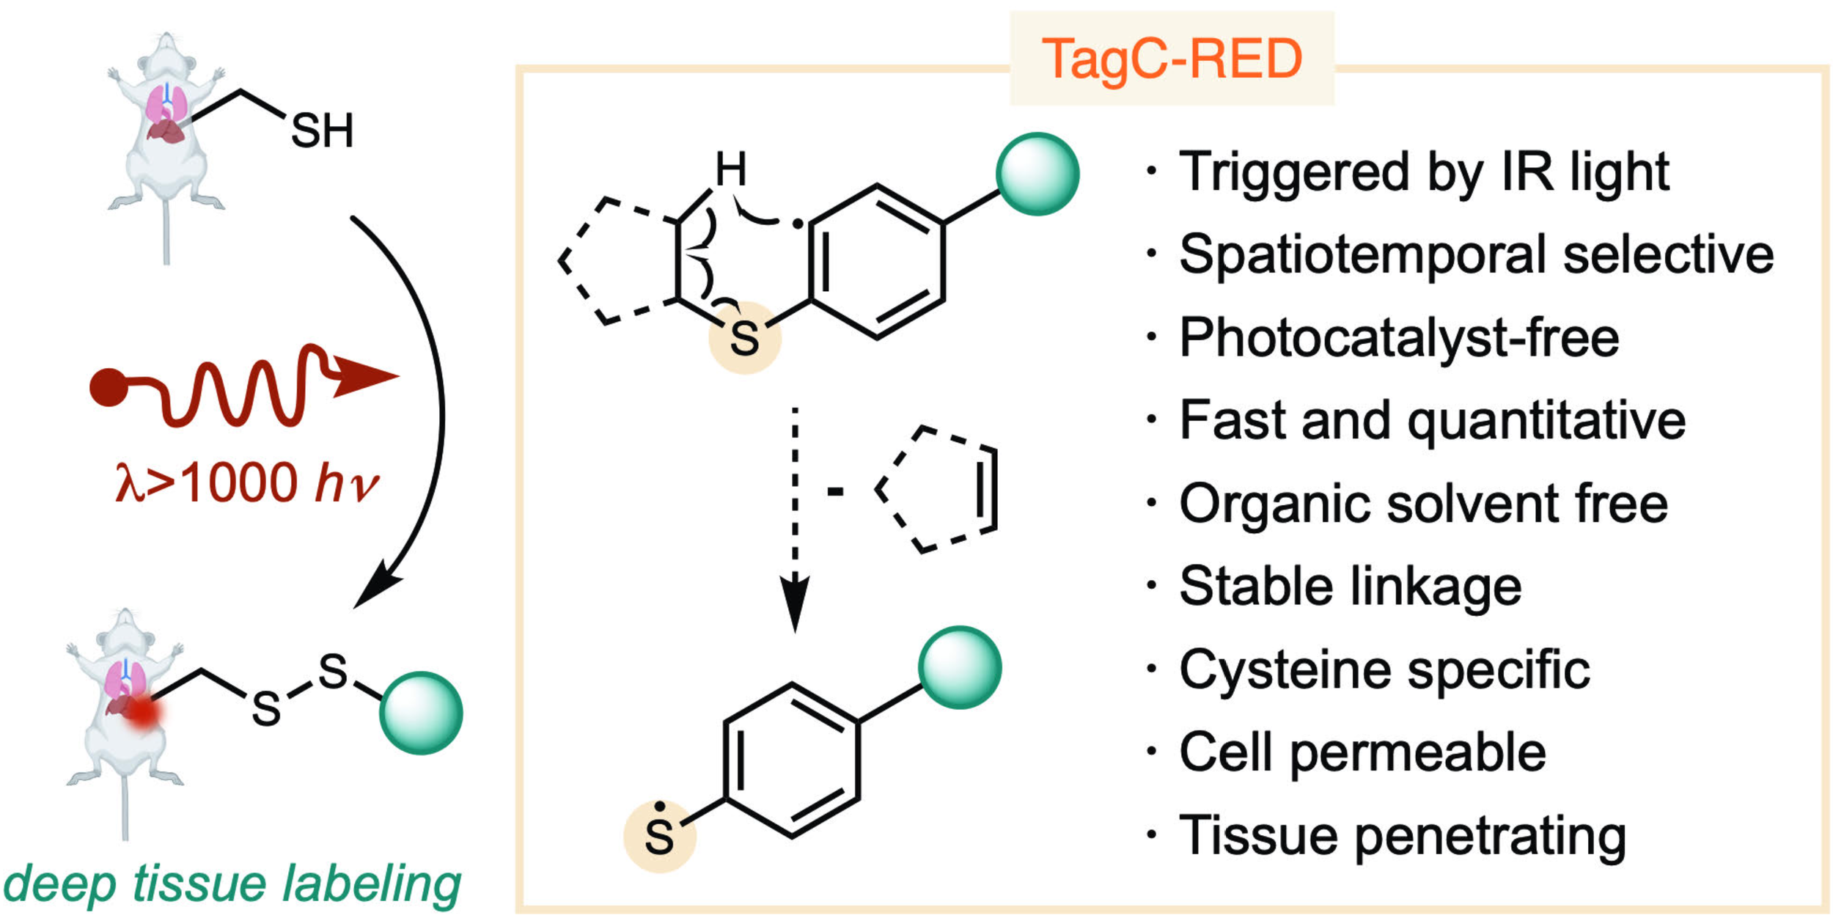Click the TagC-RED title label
pyautogui.click(x=1172, y=59)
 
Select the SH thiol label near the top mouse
pyautogui.click(x=323, y=131)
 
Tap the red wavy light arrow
pyautogui.click(x=242, y=384)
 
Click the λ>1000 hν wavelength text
pyautogui.click(x=247, y=482)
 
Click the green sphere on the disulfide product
pyautogui.click(x=421, y=713)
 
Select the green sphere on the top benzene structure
pyautogui.click(x=1037, y=174)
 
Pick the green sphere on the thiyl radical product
pyautogui.click(x=960, y=667)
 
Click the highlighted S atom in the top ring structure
pyautogui.click(x=744, y=339)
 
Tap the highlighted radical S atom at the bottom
pyautogui.click(x=659, y=836)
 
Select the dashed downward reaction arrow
pyautogui.click(x=795, y=519)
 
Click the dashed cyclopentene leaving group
pyautogui.click(x=936, y=489)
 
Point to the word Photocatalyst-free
pyautogui.click(x=1399, y=337)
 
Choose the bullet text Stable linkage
pyautogui.click(x=1351, y=587)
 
